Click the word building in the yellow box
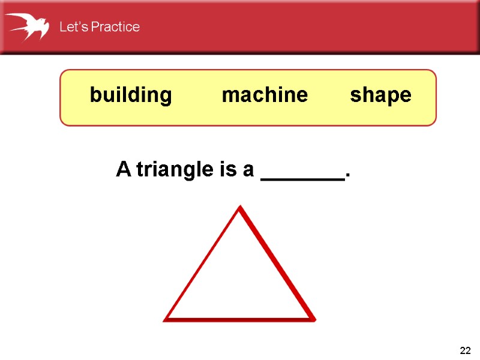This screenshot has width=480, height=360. point(131,95)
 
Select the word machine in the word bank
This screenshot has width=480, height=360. point(265,95)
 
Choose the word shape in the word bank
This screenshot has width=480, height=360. point(381,95)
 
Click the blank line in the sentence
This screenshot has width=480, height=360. point(303,178)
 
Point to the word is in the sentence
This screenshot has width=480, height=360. point(227,170)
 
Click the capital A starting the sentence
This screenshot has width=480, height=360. point(124,170)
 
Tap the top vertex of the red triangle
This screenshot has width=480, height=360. point(241,208)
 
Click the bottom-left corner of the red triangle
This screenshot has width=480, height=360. point(166,319)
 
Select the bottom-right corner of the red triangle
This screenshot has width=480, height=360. point(313,319)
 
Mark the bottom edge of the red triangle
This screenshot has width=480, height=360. point(240,319)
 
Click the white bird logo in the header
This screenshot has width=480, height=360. point(28,26)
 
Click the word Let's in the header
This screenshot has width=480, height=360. point(71,27)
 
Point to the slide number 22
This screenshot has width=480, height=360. point(465,350)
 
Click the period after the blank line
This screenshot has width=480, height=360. point(347,176)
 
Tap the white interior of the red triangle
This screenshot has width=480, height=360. point(240,282)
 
